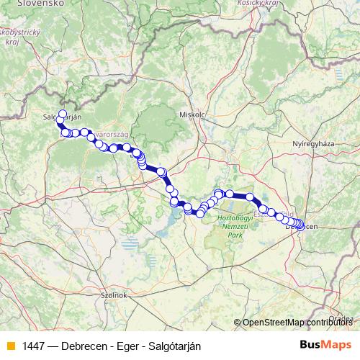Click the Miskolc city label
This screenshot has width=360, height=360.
click(192, 114)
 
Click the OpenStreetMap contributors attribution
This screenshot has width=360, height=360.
click(299, 323)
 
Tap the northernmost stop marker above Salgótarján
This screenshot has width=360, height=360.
click(63, 113)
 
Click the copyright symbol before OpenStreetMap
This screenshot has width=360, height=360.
click(238, 323)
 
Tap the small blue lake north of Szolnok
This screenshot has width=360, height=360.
click(130, 245)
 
